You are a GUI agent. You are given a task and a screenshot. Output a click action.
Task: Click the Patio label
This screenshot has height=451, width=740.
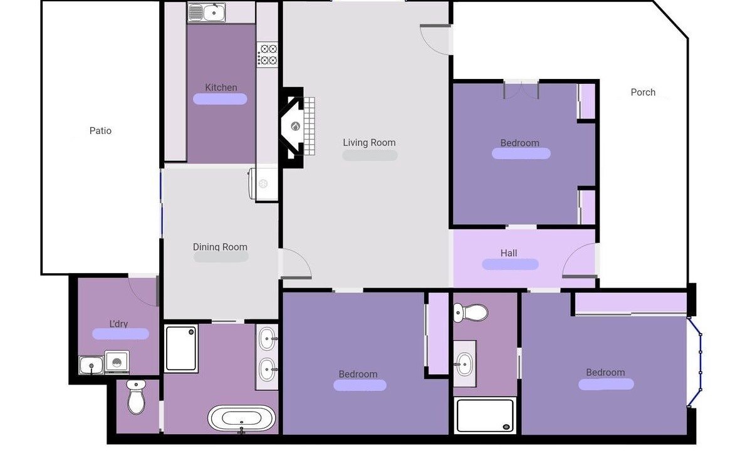coord(100,131)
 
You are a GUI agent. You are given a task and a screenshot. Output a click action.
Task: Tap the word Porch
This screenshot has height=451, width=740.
coord(643,92)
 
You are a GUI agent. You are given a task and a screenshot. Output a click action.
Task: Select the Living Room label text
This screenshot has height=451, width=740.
coord(369,142)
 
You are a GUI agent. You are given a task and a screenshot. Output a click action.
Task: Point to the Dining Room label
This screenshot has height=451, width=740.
coord(220,247)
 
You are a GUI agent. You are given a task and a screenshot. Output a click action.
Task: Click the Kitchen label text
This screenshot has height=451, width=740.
coord(221,87)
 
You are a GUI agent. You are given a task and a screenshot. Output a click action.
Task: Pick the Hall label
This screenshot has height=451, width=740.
coord(509,253)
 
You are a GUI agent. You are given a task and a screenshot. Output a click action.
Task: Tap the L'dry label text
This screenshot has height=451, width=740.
coord(118,324)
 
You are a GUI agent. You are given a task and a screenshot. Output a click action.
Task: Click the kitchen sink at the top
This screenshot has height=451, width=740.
coord(207,13)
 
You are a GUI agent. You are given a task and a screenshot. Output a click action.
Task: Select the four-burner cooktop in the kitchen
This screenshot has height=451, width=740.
coord(268,54)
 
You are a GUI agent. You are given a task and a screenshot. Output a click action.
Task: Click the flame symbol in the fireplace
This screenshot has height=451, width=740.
coord(295,126)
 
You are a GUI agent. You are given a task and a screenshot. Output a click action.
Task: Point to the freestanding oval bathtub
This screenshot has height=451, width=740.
coord(242,418)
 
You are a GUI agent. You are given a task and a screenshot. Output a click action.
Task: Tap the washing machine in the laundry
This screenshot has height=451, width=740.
coord(117,362)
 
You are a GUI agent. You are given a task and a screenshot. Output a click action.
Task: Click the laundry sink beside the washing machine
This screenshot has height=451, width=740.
coord(91,365)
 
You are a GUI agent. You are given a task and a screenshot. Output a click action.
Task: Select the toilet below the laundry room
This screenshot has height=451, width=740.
coord(137,397)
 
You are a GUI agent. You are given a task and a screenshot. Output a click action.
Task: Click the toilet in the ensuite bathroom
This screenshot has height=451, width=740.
coord(471,313)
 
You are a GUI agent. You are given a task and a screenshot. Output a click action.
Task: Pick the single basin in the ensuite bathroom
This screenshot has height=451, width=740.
coord(465,364)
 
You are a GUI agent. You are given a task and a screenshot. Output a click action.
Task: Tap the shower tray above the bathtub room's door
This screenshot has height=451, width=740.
coord(181,348)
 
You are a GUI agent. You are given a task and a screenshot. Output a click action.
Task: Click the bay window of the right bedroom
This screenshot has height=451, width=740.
coord(695,361)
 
